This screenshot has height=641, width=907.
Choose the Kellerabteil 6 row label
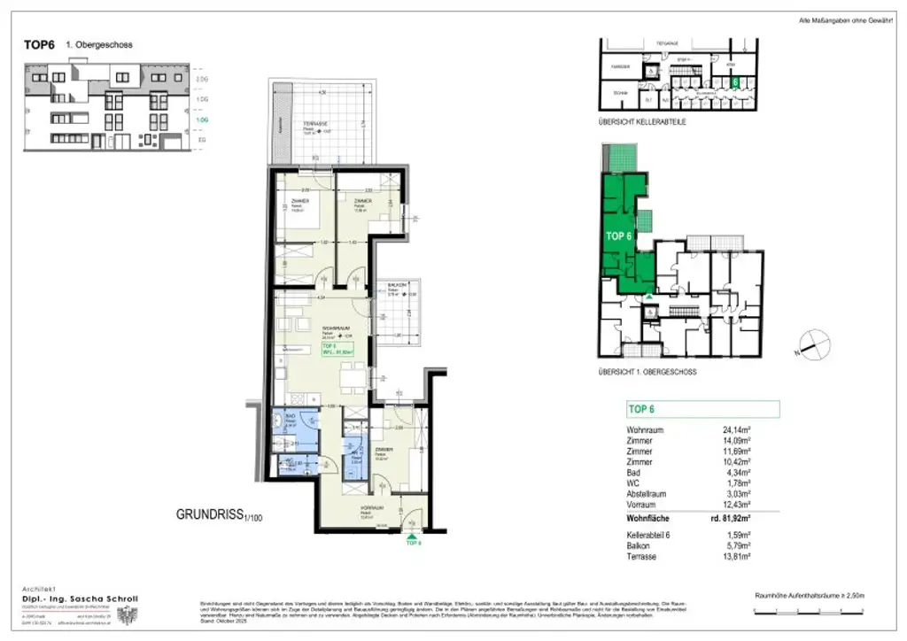(x=654, y=536)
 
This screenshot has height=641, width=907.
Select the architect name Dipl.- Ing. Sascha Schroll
(x=80, y=599)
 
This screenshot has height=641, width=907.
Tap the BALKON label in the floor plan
(x=396, y=284)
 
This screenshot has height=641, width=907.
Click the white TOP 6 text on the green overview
(x=618, y=236)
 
